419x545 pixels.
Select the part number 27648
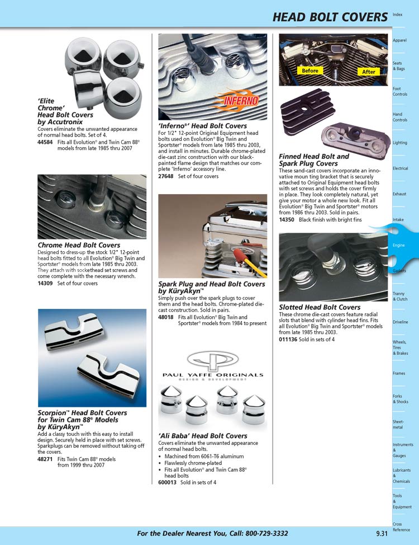[166, 176]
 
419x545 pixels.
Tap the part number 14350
[287, 220]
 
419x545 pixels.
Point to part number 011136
[288, 340]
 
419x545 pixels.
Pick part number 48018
[166, 317]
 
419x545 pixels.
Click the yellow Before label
[310, 71]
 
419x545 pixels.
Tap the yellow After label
[369, 72]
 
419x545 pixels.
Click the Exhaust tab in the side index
[399, 194]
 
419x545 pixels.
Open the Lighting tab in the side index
[399, 143]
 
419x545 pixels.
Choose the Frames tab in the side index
[399, 373]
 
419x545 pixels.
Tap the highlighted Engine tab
[399, 245]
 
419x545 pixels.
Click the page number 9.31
[382, 533]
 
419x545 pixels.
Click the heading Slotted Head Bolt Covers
[320, 307]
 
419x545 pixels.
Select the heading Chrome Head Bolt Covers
[79, 245]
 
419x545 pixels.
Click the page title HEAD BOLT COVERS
[330, 18]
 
